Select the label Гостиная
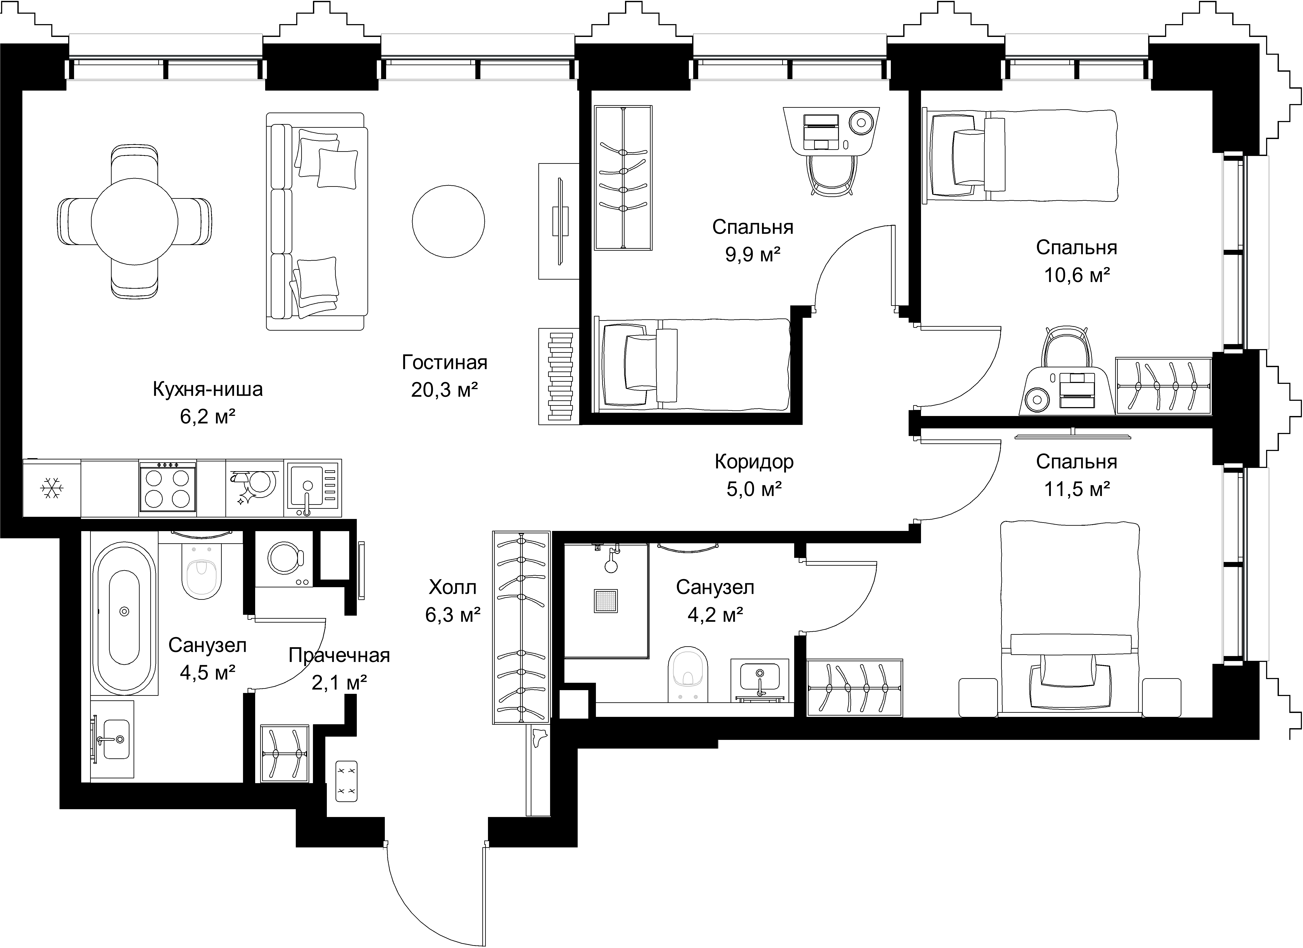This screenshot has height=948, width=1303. pos(445,363)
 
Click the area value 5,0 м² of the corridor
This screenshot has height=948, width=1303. pos(754,489)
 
